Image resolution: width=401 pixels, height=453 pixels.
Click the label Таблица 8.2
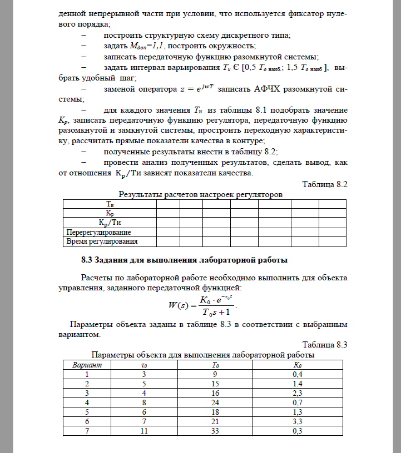(x=324, y=185)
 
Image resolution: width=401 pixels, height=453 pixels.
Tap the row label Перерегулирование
(x=99, y=232)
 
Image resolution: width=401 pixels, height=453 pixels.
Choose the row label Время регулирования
(x=102, y=241)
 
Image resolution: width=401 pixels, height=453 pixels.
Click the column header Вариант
(x=87, y=365)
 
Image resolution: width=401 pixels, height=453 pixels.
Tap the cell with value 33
(x=216, y=431)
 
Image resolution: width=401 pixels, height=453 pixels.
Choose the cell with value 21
(x=216, y=421)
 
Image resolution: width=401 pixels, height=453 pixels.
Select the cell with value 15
(x=216, y=383)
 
